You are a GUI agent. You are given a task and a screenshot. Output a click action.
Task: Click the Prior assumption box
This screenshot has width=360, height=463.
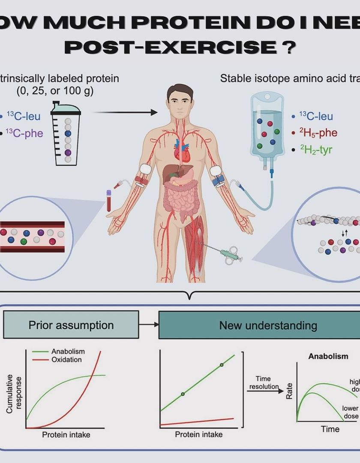click(x=71, y=325)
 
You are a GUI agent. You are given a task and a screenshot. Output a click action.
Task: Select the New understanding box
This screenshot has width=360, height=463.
click(x=268, y=325)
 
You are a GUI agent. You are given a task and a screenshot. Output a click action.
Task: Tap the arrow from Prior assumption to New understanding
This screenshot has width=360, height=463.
click(x=149, y=325)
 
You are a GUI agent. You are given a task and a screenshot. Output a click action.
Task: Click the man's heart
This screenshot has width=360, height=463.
click(x=181, y=150)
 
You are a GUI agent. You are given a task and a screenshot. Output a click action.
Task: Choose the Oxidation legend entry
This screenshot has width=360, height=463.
click(x=66, y=360)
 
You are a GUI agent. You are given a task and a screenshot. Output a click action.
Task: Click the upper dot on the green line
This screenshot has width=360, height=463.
click(x=222, y=365)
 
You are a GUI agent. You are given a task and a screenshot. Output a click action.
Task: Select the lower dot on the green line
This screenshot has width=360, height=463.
click(x=183, y=394)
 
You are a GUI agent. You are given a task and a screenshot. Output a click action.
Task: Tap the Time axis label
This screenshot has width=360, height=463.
click(x=330, y=429)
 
